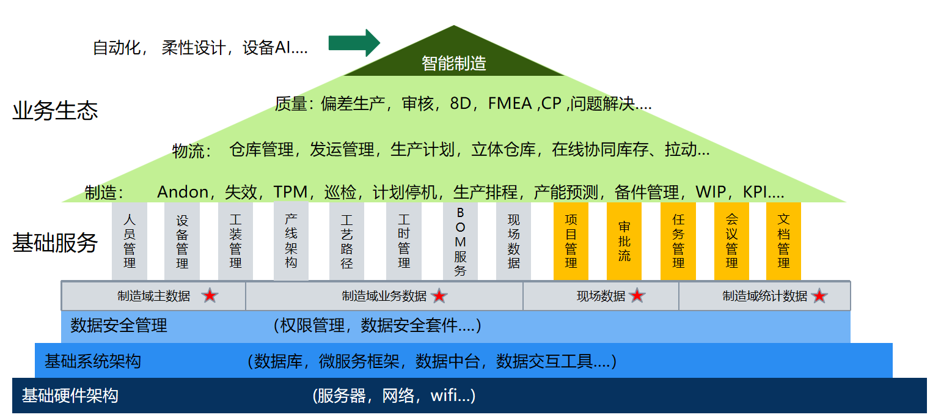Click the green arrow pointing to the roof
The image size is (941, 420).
(x=354, y=43)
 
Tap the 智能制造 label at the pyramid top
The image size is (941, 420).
(x=453, y=64)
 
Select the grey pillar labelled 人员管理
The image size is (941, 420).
(x=130, y=241)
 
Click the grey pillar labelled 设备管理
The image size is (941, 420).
(x=182, y=241)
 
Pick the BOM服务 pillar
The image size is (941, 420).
(x=460, y=241)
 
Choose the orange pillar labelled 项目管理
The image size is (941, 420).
(x=571, y=241)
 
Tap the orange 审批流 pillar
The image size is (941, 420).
(x=624, y=241)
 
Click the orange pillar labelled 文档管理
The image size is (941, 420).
(x=783, y=241)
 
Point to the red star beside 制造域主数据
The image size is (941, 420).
(x=210, y=295)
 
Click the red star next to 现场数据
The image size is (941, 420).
(x=637, y=295)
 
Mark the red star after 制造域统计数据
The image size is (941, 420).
(x=819, y=295)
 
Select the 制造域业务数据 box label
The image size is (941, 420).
(x=384, y=296)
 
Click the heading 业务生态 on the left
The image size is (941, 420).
(x=55, y=111)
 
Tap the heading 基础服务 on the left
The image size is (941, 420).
(x=55, y=243)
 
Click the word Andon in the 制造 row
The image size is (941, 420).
(x=183, y=192)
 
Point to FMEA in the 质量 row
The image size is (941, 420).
(x=510, y=103)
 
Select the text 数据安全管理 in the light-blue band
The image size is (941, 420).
(x=119, y=325)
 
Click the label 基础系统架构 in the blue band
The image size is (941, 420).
(x=93, y=361)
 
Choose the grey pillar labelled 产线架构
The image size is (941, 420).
(x=291, y=241)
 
